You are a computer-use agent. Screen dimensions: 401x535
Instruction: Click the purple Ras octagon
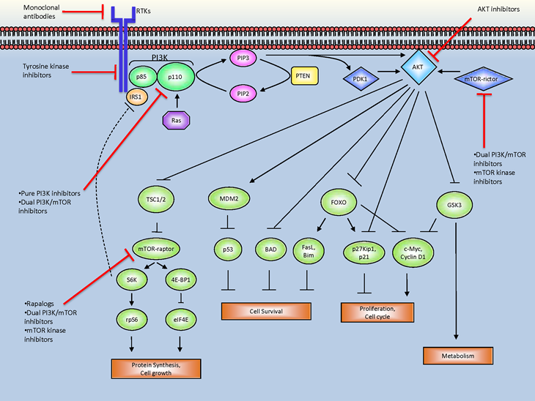176,119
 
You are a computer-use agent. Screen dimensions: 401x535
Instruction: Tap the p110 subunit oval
174,75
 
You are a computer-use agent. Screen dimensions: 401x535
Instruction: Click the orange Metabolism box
457,356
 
